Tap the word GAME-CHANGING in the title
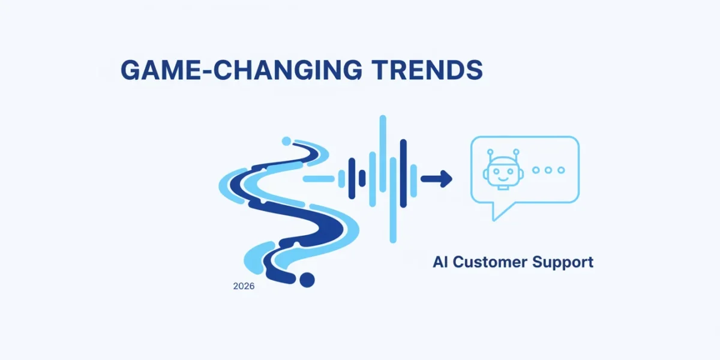[241, 70]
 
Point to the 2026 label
[244, 286]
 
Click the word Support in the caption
[563, 263]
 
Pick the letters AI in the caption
[440, 262]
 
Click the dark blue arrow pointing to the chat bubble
[437, 179]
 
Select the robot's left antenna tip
[490, 152]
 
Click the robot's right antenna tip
[516, 152]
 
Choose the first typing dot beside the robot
[536, 170]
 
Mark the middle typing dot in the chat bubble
[548, 170]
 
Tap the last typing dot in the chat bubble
[561, 170]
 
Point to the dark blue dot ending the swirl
[307, 280]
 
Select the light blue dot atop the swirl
[286, 141]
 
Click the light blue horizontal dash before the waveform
[319, 179]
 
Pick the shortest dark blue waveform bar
[362, 178]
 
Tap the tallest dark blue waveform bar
[403, 173]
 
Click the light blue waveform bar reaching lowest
[393, 200]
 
